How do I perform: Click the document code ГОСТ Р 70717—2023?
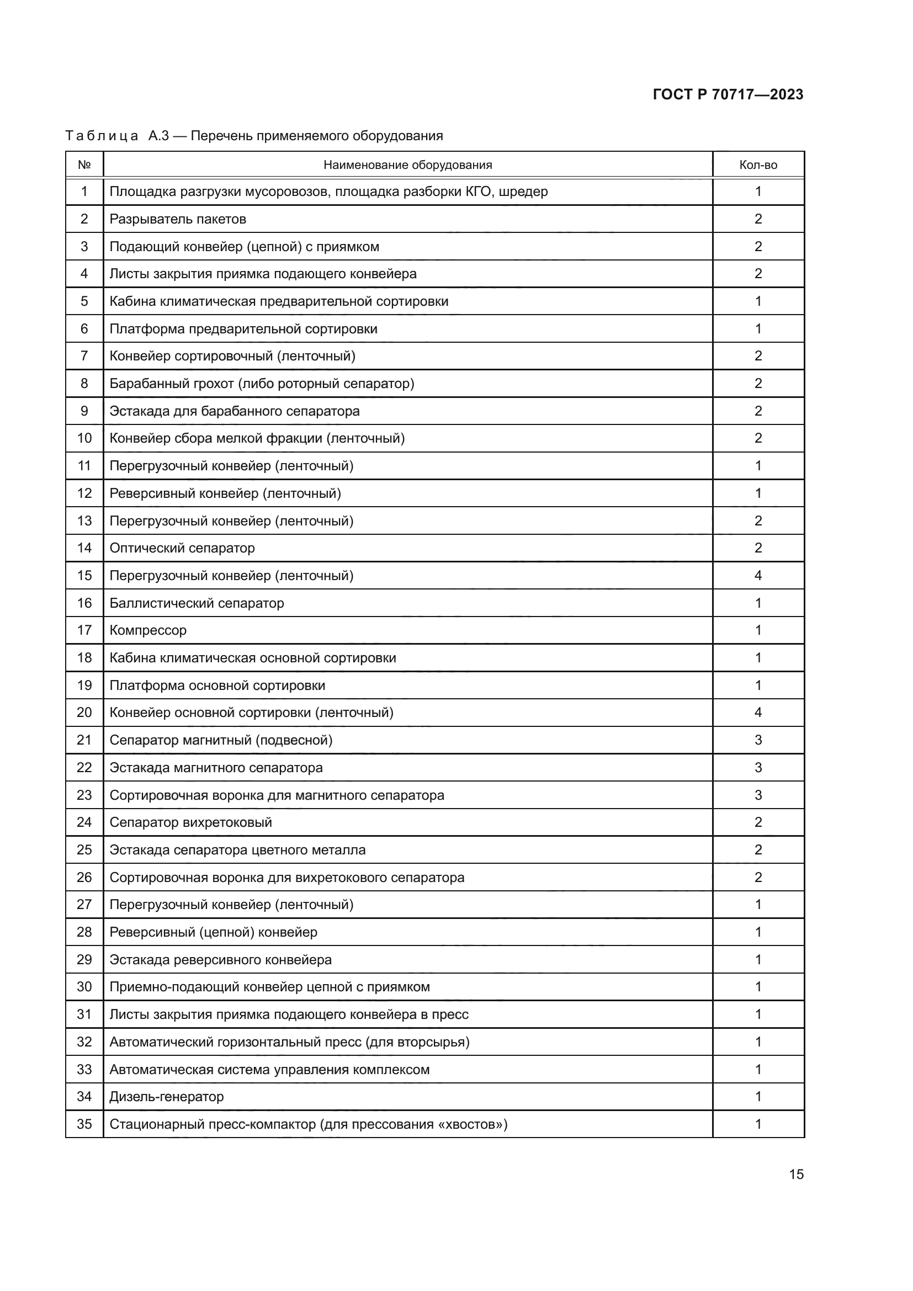(728, 94)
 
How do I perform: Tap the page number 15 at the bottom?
(796, 1175)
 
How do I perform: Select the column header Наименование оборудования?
(407, 164)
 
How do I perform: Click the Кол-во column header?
(758, 164)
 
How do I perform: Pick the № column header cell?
(84, 164)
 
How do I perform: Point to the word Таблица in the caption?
(102, 136)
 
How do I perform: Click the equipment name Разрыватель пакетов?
(178, 219)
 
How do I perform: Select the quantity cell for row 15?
(758, 575)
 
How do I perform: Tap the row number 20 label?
(84, 713)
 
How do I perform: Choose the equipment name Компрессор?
(148, 630)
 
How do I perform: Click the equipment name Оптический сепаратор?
(182, 548)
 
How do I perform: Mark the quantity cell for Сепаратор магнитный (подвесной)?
(758, 740)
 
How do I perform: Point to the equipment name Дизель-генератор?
(166, 1097)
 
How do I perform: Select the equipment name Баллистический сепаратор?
(197, 603)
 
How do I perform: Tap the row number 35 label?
(84, 1124)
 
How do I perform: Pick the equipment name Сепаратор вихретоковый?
(190, 822)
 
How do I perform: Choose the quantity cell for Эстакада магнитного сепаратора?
(758, 768)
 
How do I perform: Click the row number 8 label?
(84, 384)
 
